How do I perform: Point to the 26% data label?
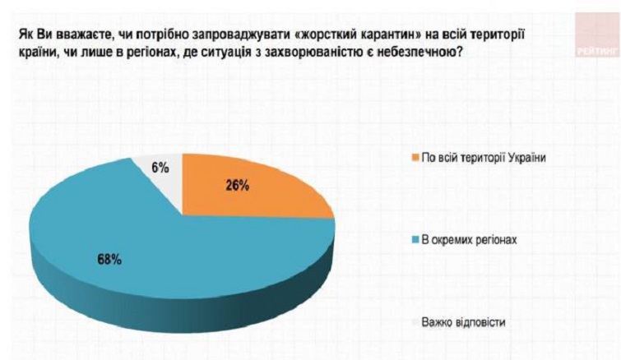(x=238, y=186)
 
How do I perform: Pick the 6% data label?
(x=160, y=168)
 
